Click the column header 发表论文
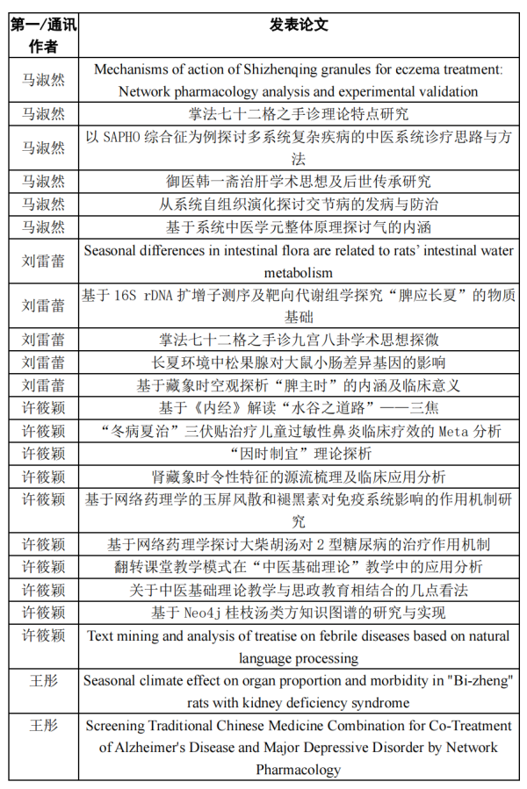pos(299,25)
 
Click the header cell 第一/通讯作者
pos(43,35)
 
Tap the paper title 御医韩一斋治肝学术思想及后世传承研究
pos(299,181)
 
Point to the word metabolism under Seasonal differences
pos(299,273)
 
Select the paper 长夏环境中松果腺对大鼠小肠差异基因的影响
pos(299,362)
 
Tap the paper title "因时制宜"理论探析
pos(299,454)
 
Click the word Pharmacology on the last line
pos(299,771)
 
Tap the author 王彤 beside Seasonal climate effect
pos(43,680)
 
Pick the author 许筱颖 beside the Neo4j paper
pos(43,612)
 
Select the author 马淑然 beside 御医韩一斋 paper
pos(43,181)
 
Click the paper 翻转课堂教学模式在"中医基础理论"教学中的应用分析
pos(299,567)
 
